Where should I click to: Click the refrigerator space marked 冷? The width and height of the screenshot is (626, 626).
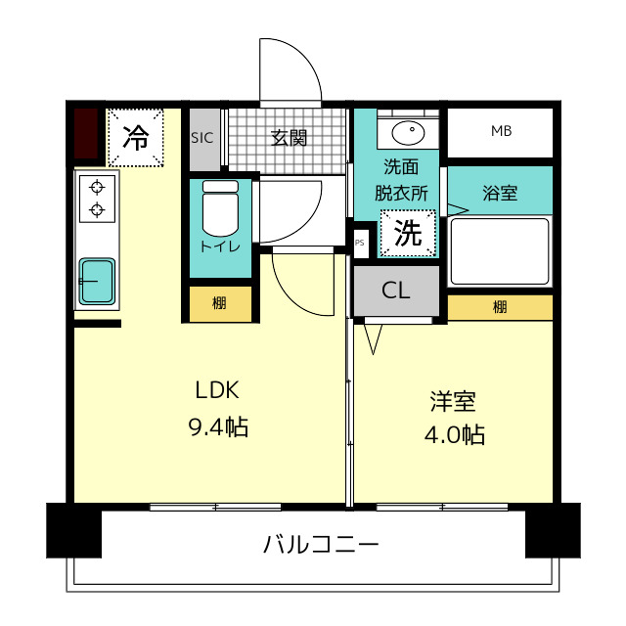point(135,137)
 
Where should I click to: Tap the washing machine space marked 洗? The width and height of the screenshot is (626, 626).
point(408,233)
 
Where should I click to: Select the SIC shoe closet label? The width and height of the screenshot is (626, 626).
point(202,138)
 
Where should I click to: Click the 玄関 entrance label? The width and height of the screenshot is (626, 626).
point(289,138)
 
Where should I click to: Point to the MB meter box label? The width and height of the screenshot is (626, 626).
point(501,131)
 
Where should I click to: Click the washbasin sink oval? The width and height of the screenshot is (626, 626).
point(408,133)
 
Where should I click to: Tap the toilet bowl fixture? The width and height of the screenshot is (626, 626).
point(220,208)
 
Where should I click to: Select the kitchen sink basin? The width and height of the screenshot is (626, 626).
point(97,281)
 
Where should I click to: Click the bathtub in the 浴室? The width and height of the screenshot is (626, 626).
point(500,251)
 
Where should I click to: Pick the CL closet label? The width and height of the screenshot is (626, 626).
point(395,291)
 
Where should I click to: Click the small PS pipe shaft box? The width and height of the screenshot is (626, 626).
point(360,243)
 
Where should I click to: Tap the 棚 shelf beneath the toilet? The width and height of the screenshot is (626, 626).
point(220,304)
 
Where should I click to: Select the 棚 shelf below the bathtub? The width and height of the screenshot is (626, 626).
point(500,307)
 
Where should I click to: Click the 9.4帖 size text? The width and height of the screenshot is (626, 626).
point(218,426)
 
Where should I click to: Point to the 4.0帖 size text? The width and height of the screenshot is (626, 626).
point(454,434)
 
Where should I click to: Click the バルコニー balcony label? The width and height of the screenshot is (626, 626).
point(321,544)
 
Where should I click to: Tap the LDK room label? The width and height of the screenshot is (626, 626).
point(217,390)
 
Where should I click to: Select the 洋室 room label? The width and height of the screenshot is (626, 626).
point(453,401)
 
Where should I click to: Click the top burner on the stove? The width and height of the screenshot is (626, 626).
point(97,187)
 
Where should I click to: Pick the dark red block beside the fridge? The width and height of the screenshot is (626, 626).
point(86,134)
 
